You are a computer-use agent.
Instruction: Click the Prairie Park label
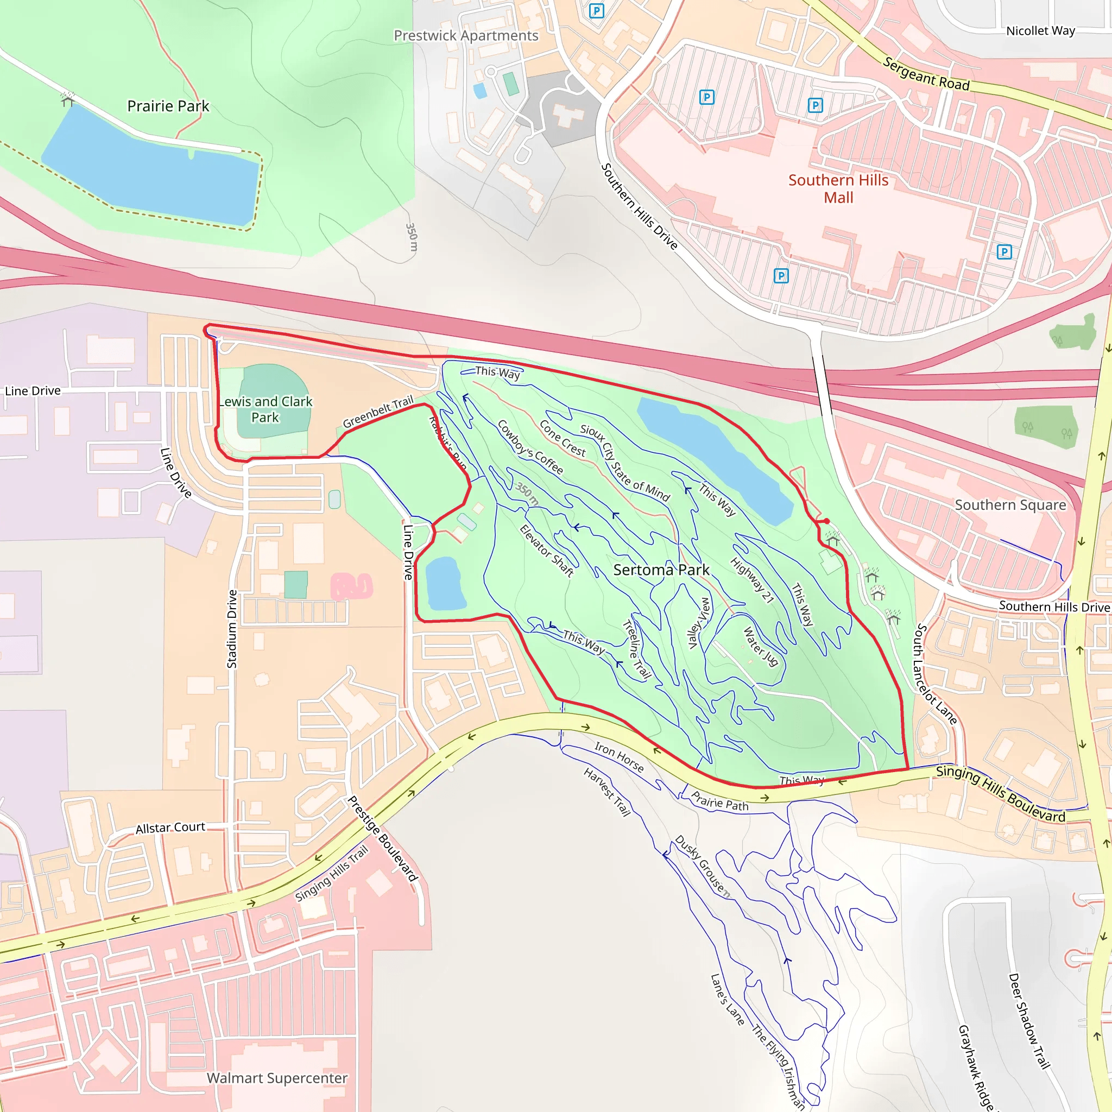pyautogui.click(x=168, y=106)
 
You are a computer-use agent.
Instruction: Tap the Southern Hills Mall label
pyautogui.click(x=838, y=189)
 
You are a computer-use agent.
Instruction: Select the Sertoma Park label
pyautogui.click(x=661, y=570)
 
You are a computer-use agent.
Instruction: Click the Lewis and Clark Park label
pyautogui.click(x=266, y=409)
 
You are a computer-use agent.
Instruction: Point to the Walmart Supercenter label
pyautogui.click(x=277, y=1077)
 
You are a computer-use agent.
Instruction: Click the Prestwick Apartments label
pyautogui.click(x=466, y=36)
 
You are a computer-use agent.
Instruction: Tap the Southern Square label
pyautogui.click(x=1010, y=505)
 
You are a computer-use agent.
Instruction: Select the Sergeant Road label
pyautogui.click(x=926, y=74)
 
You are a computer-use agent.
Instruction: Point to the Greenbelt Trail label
pyautogui.click(x=378, y=412)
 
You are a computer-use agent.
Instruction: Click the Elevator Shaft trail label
pyautogui.click(x=546, y=551)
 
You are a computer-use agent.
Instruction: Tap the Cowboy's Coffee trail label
pyautogui.click(x=529, y=447)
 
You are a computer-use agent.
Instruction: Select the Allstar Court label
pyautogui.click(x=170, y=827)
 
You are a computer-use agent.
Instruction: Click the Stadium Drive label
pyautogui.click(x=232, y=629)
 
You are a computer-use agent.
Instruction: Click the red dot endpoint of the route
pyautogui.click(x=826, y=521)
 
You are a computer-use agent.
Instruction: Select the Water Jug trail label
pyautogui.click(x=760, y=646)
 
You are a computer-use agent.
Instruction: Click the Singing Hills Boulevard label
pyautogui.click(x=1000, y=794)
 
